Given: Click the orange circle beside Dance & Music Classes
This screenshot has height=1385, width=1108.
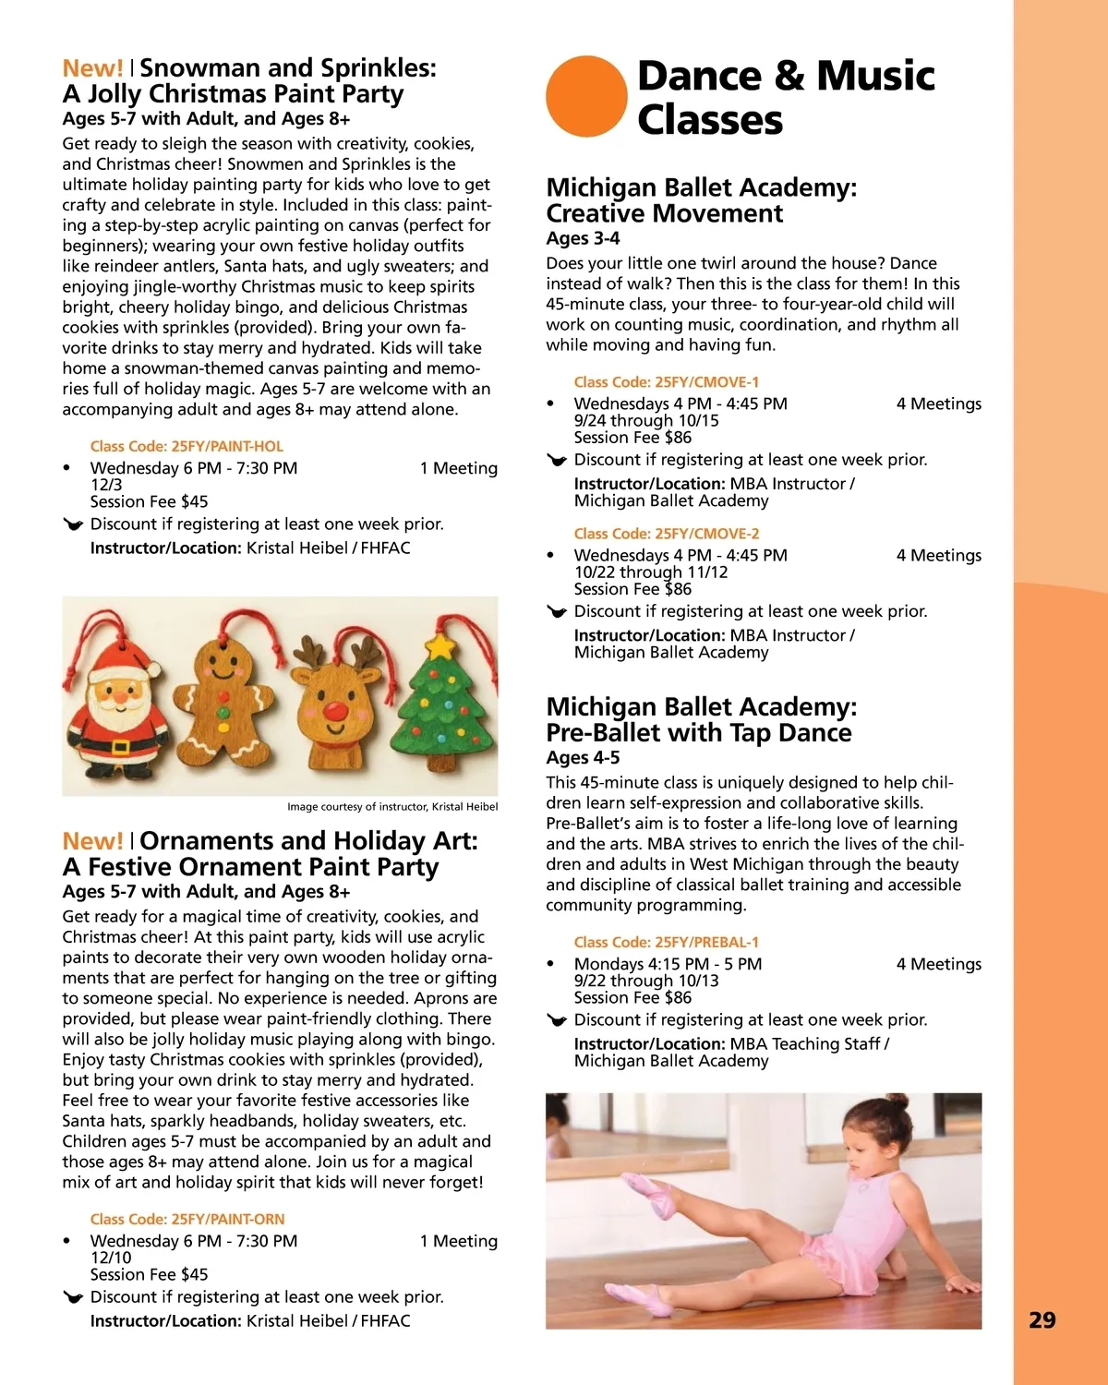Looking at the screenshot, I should [586, 96].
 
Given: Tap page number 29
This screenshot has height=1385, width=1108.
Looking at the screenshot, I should [1042, 1319].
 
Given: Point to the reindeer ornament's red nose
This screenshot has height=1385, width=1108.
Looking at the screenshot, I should [335, 712].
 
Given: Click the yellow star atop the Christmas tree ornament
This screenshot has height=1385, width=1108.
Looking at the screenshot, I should [442, 644].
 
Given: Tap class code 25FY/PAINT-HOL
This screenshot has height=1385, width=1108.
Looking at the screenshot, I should [187, 446].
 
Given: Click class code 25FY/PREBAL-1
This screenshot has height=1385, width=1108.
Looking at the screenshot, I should [666, 942].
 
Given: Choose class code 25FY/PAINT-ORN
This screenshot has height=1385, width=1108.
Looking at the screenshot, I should [187, 1219].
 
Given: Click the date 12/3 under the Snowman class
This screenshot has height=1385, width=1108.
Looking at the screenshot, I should [106, 485].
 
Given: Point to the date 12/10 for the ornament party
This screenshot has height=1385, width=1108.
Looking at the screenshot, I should [111, 1258].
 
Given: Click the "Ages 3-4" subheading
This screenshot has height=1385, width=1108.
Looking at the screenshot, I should [583, 238].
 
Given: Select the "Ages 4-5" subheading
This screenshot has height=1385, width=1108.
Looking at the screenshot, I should [583, 757].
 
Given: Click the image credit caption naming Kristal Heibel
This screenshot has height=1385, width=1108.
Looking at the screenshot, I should [391, 806].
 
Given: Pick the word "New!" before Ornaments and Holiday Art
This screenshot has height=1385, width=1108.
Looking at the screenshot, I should [91, 841].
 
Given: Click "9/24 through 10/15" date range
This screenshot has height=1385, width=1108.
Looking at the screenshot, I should [646, 420].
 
